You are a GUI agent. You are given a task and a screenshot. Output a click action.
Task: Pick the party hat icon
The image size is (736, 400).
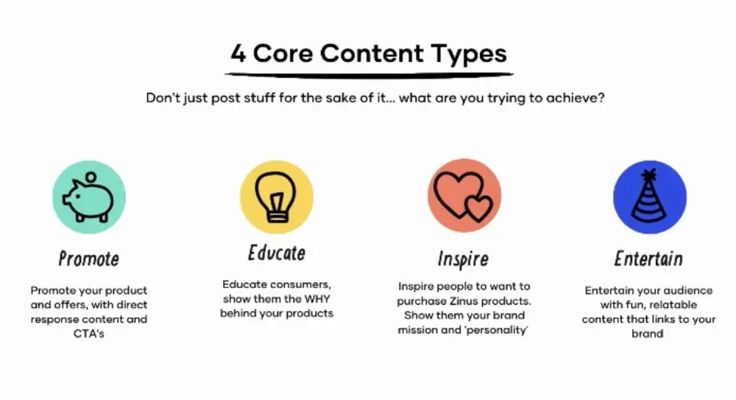point(650,197)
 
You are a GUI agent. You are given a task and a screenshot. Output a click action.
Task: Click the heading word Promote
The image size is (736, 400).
point(88,259)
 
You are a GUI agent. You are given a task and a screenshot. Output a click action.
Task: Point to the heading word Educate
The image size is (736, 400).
point(277,253)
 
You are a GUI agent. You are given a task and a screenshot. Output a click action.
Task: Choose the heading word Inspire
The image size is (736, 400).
point(463,259)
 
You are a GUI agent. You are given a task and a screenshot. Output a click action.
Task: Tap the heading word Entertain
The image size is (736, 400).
point(648,259)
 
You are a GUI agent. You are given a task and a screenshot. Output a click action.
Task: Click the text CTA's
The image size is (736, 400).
point(88,334)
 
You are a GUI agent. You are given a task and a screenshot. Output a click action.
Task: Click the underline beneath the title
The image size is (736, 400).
point(368,74)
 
